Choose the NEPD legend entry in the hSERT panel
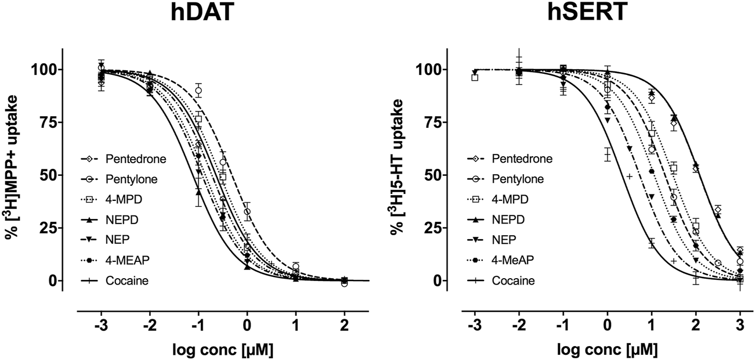tap(505, 219)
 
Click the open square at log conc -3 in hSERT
tap(475, 77)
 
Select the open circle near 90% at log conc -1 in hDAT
tap(198, 91)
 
